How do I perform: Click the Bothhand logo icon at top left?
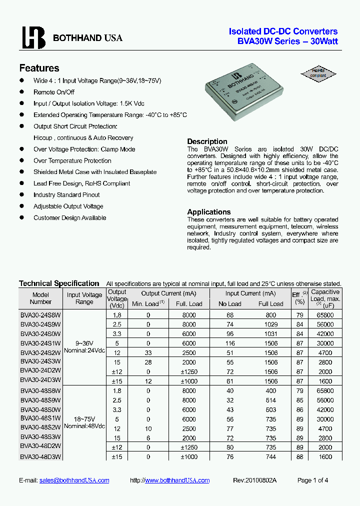(33, 37)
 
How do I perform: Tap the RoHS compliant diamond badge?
(318, 73)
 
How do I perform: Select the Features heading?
(39, 68)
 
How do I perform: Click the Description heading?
(207, 141)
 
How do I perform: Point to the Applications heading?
(208, 212)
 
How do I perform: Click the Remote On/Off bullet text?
(53, 92)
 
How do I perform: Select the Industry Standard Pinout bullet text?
(66, 195)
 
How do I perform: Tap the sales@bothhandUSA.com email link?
(74, 480)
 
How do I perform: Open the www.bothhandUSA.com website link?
(177, 480)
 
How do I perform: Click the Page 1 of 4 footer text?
(312, 480)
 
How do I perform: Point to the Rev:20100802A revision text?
(254, 480)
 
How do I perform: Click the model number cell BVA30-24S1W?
(40, 343)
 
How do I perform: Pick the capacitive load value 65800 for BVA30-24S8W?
(324, 315)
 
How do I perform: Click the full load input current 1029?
(270, 324)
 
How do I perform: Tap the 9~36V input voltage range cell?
(84, 343)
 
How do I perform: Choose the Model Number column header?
(40, 298)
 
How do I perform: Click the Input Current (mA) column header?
(250, 293)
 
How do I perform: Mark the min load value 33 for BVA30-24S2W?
(148, 352)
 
